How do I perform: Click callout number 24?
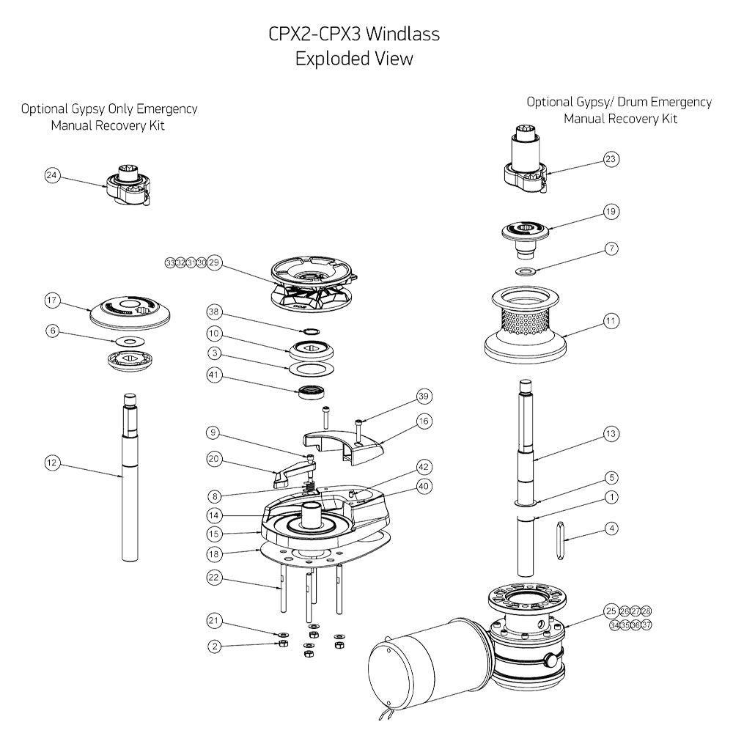[x=51, y=176]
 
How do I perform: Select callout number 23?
[x=611, y=158]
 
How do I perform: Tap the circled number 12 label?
[x=51, y=463]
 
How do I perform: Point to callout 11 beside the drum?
[x=611, y=320]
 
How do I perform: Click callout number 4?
[x=611, y=527]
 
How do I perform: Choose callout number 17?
[x=51, y=300]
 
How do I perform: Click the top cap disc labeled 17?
[x=131, y=311]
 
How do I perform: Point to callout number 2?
[x=213, y=646]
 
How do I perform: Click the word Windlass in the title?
[x=402, y=34]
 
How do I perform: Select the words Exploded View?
[x=354, y=59]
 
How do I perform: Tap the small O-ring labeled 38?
[x=312, y=330]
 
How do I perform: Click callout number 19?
[x=611, y=211]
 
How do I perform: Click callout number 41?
[x=213, y=378]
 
